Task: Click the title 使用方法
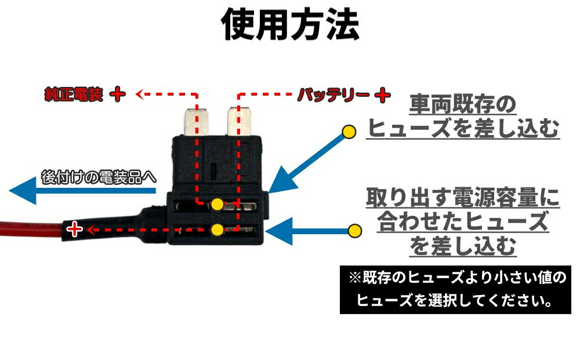coord(291,24)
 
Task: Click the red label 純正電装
coord(74,94)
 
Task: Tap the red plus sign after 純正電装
coord(117,94)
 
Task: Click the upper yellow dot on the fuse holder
coord(217,204)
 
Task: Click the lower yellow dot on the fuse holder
coord(217,230)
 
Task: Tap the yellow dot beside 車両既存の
coord(349,132)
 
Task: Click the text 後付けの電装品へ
coord(99,177)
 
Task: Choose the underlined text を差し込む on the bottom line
coord(463,248)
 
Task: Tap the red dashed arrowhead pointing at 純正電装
coord(139,93)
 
